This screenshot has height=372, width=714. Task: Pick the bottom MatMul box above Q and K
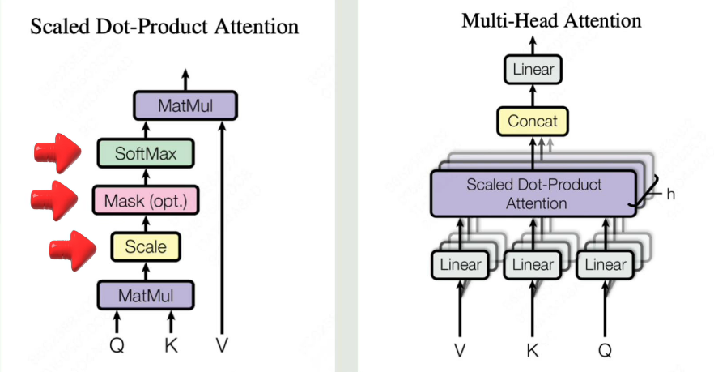(146, 294)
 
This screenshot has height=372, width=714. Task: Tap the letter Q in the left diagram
(118, 345)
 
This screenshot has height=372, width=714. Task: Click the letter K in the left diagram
(171, 345)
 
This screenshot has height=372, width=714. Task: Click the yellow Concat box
(533, 122)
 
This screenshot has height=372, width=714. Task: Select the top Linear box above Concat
(533, 70)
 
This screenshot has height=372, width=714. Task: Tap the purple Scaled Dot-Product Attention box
(533, 194)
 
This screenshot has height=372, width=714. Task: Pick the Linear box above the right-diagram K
(533, 265)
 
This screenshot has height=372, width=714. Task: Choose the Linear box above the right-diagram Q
(605, 265)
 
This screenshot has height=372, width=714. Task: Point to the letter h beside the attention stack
(671, 195)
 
